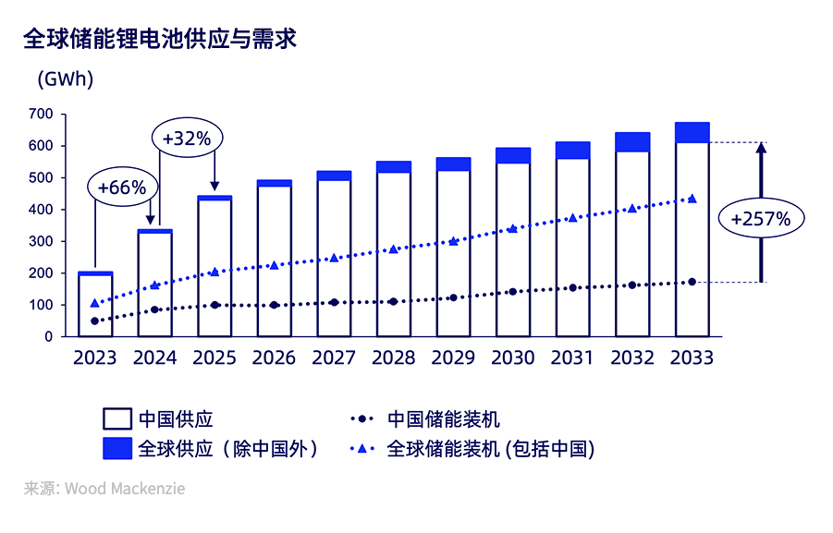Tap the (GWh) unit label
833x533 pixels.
tap(65, 79)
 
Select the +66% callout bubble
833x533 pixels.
tap(122, 187)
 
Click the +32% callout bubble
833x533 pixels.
tap(187, 139)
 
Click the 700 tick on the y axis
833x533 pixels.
tap(41, 114)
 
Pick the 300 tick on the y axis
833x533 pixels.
tap(41, 241)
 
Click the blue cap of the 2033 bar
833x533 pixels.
tap(692, 132)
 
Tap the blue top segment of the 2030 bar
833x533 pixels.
tap(513, 155)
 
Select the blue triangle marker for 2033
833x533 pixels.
tap(692, 199)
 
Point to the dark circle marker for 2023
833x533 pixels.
tap(95, 321)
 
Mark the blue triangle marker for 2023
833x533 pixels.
tap(95, 303)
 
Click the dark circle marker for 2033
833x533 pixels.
tap(692, 282)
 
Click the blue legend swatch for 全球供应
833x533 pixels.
tap(116, 449)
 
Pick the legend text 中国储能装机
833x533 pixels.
tap(444, 419)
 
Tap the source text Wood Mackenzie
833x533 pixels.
tap(124, 488)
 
